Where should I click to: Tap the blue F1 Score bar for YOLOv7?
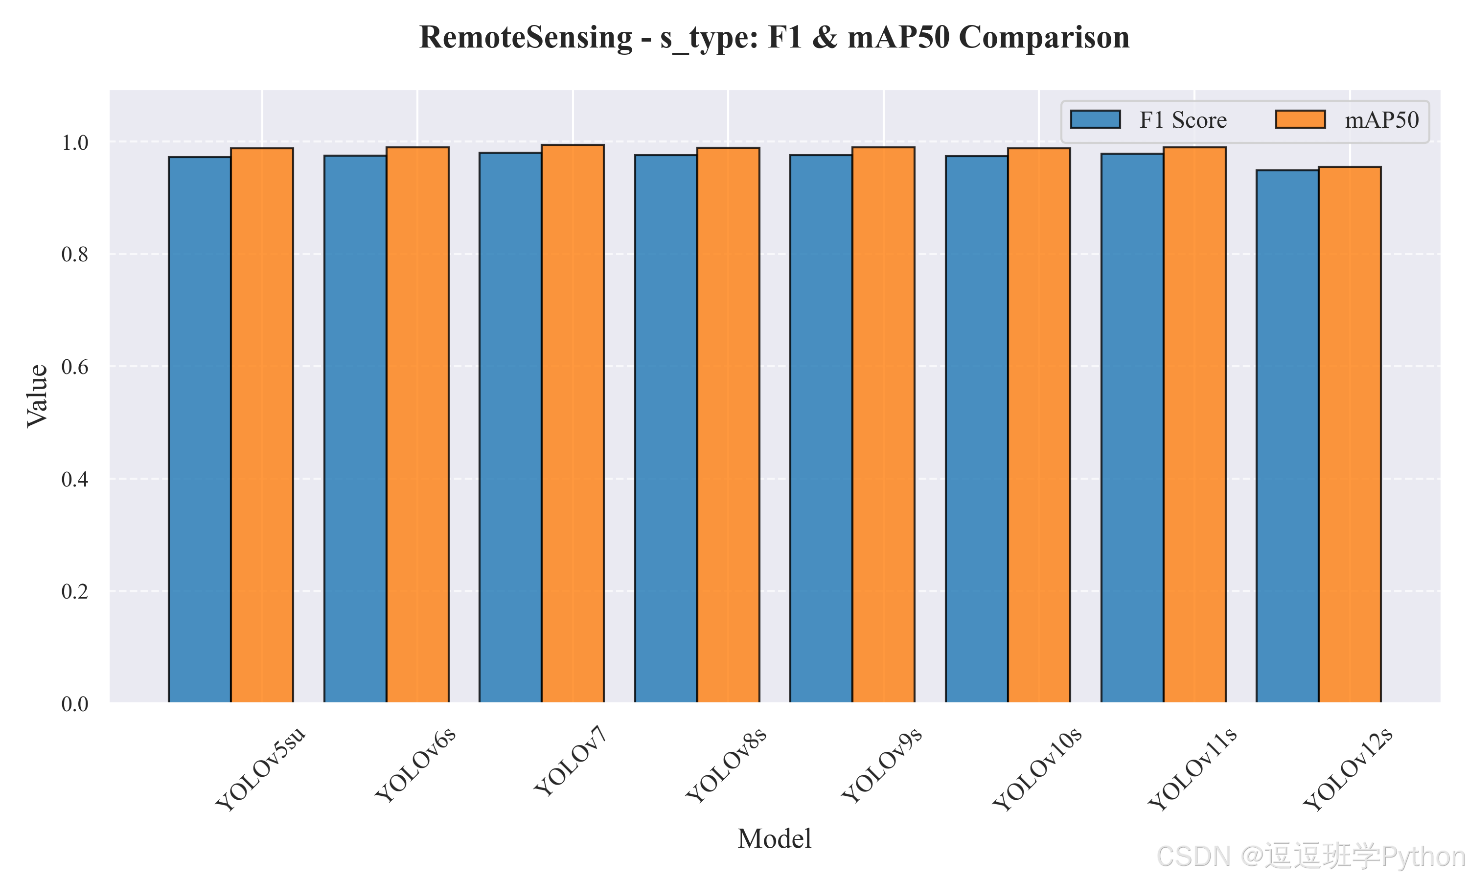click(x=510, y=427)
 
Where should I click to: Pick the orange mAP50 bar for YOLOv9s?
click(x=884, y=425)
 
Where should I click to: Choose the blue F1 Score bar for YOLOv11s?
click(x=1132, y=428)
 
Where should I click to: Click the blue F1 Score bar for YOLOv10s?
click(x=977, y=429)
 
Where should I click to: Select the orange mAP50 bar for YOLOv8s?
click(x=728, y=425)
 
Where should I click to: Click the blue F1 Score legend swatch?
click(x=1095, y=119)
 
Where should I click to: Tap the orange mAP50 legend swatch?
click(x=1301, y=119)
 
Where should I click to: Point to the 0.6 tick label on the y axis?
click(x=75, y=367)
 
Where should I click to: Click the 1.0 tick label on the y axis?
click(x=75, y=142)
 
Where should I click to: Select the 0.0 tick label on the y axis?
click(x=75, y=704)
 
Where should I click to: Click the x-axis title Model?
click(x=774, y=839)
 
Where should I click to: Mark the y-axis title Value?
click(x=37, y=396)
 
